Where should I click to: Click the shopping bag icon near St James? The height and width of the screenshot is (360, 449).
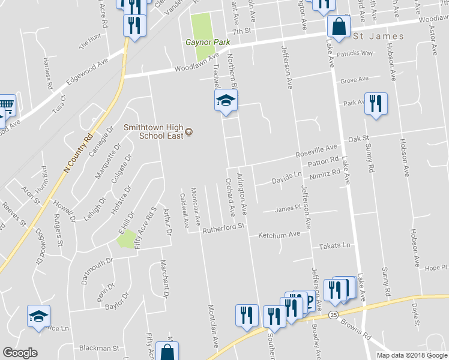(339, 27)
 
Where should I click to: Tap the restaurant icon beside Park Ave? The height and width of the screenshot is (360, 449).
(376, 104)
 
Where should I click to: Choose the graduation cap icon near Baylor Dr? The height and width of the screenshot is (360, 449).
(38, 316)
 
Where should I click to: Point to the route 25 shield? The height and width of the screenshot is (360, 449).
(334, 314)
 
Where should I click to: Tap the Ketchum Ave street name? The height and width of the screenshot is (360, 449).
(279, 235)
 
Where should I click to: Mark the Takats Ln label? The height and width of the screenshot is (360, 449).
(334, 246)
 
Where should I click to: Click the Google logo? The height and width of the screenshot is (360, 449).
(20, 353)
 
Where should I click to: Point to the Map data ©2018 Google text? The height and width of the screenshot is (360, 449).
(411, 355)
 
